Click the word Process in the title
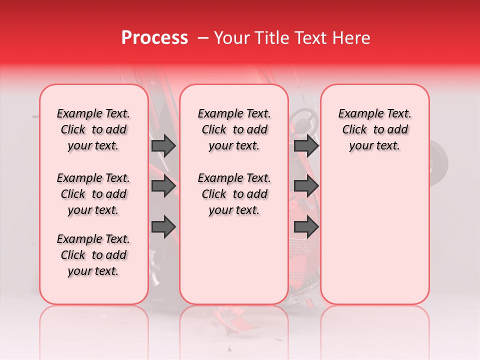(154, 38)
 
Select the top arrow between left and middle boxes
(163, 145)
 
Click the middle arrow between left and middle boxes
(163, 186)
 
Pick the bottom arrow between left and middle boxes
(163, 226)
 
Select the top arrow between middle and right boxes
(306, 145)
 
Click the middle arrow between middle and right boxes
(306, 186)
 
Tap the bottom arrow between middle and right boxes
(306, 226)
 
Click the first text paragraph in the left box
(93, 129)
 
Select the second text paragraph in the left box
(93, 194)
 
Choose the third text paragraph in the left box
(93, 255)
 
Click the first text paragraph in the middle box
(234, 129)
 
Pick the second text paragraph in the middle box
(234, 194)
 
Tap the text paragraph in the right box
(374, 129)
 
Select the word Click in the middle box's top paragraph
(214, 130)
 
